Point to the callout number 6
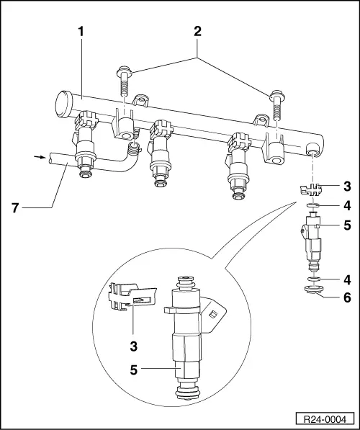346,295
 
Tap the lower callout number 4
346,278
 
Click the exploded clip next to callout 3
310,191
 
